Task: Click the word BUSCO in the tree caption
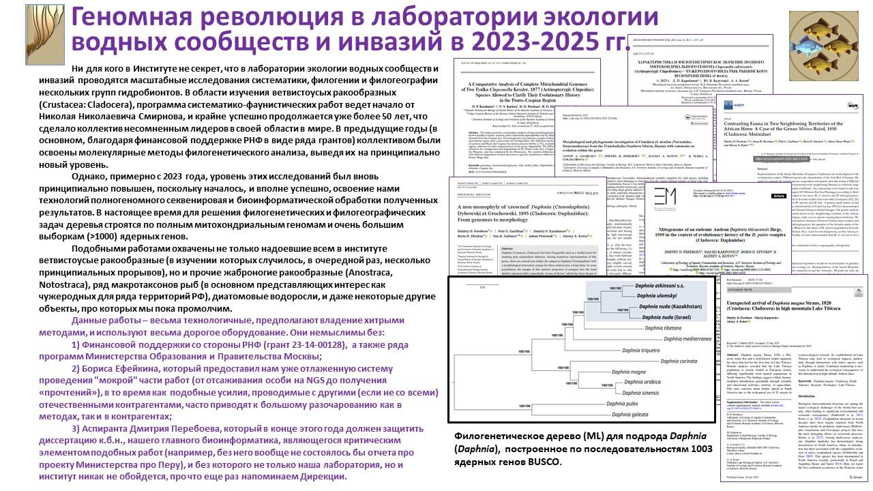click(544, 462)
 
